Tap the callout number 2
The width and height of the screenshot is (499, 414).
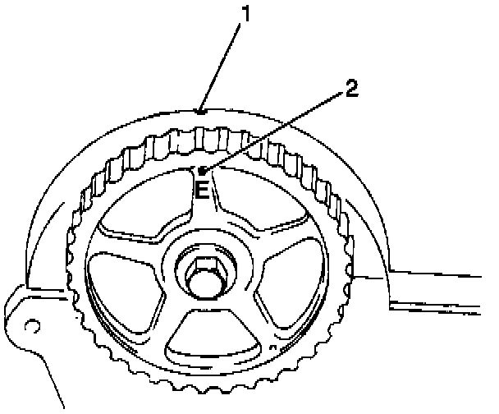[350, 89]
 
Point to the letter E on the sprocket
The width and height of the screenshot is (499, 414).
[203, 191]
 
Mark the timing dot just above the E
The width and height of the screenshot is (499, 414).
[203, 171]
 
